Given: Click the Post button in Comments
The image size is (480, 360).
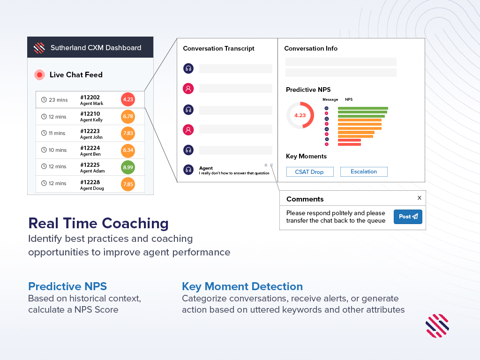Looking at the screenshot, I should coord(408,217).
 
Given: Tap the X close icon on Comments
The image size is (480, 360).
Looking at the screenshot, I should coord(419,198).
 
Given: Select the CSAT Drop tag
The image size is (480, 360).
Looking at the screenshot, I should coord(309,172).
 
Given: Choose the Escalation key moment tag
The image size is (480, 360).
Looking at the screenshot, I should coord(364,172).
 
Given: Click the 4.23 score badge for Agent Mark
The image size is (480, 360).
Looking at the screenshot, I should coord(128,99).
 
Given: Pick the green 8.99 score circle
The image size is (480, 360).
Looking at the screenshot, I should coord(128,167).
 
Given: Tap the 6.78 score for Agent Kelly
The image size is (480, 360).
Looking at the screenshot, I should coord(128,116).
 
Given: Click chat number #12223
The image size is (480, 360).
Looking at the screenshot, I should coord(90,131).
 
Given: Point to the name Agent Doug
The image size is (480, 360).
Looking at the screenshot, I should coord(92,188).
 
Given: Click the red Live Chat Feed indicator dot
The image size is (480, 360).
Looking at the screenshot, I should coord(40,75).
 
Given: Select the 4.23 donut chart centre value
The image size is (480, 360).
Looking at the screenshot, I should coord(300,115).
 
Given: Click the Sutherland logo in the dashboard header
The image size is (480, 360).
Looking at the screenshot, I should coord(39,48).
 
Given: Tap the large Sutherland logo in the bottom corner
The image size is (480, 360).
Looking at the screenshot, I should coord(437,326).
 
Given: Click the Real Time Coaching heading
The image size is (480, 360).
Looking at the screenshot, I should coord(98,223).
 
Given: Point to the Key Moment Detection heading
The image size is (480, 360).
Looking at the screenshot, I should coord(242,286).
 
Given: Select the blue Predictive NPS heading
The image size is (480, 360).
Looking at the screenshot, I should coord(67,286).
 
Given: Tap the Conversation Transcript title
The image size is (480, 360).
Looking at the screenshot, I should coord(219,48).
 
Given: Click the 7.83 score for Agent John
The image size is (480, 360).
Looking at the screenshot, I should coord(128,133).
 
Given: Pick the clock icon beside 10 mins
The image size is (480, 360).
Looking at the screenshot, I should coord(44,150).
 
